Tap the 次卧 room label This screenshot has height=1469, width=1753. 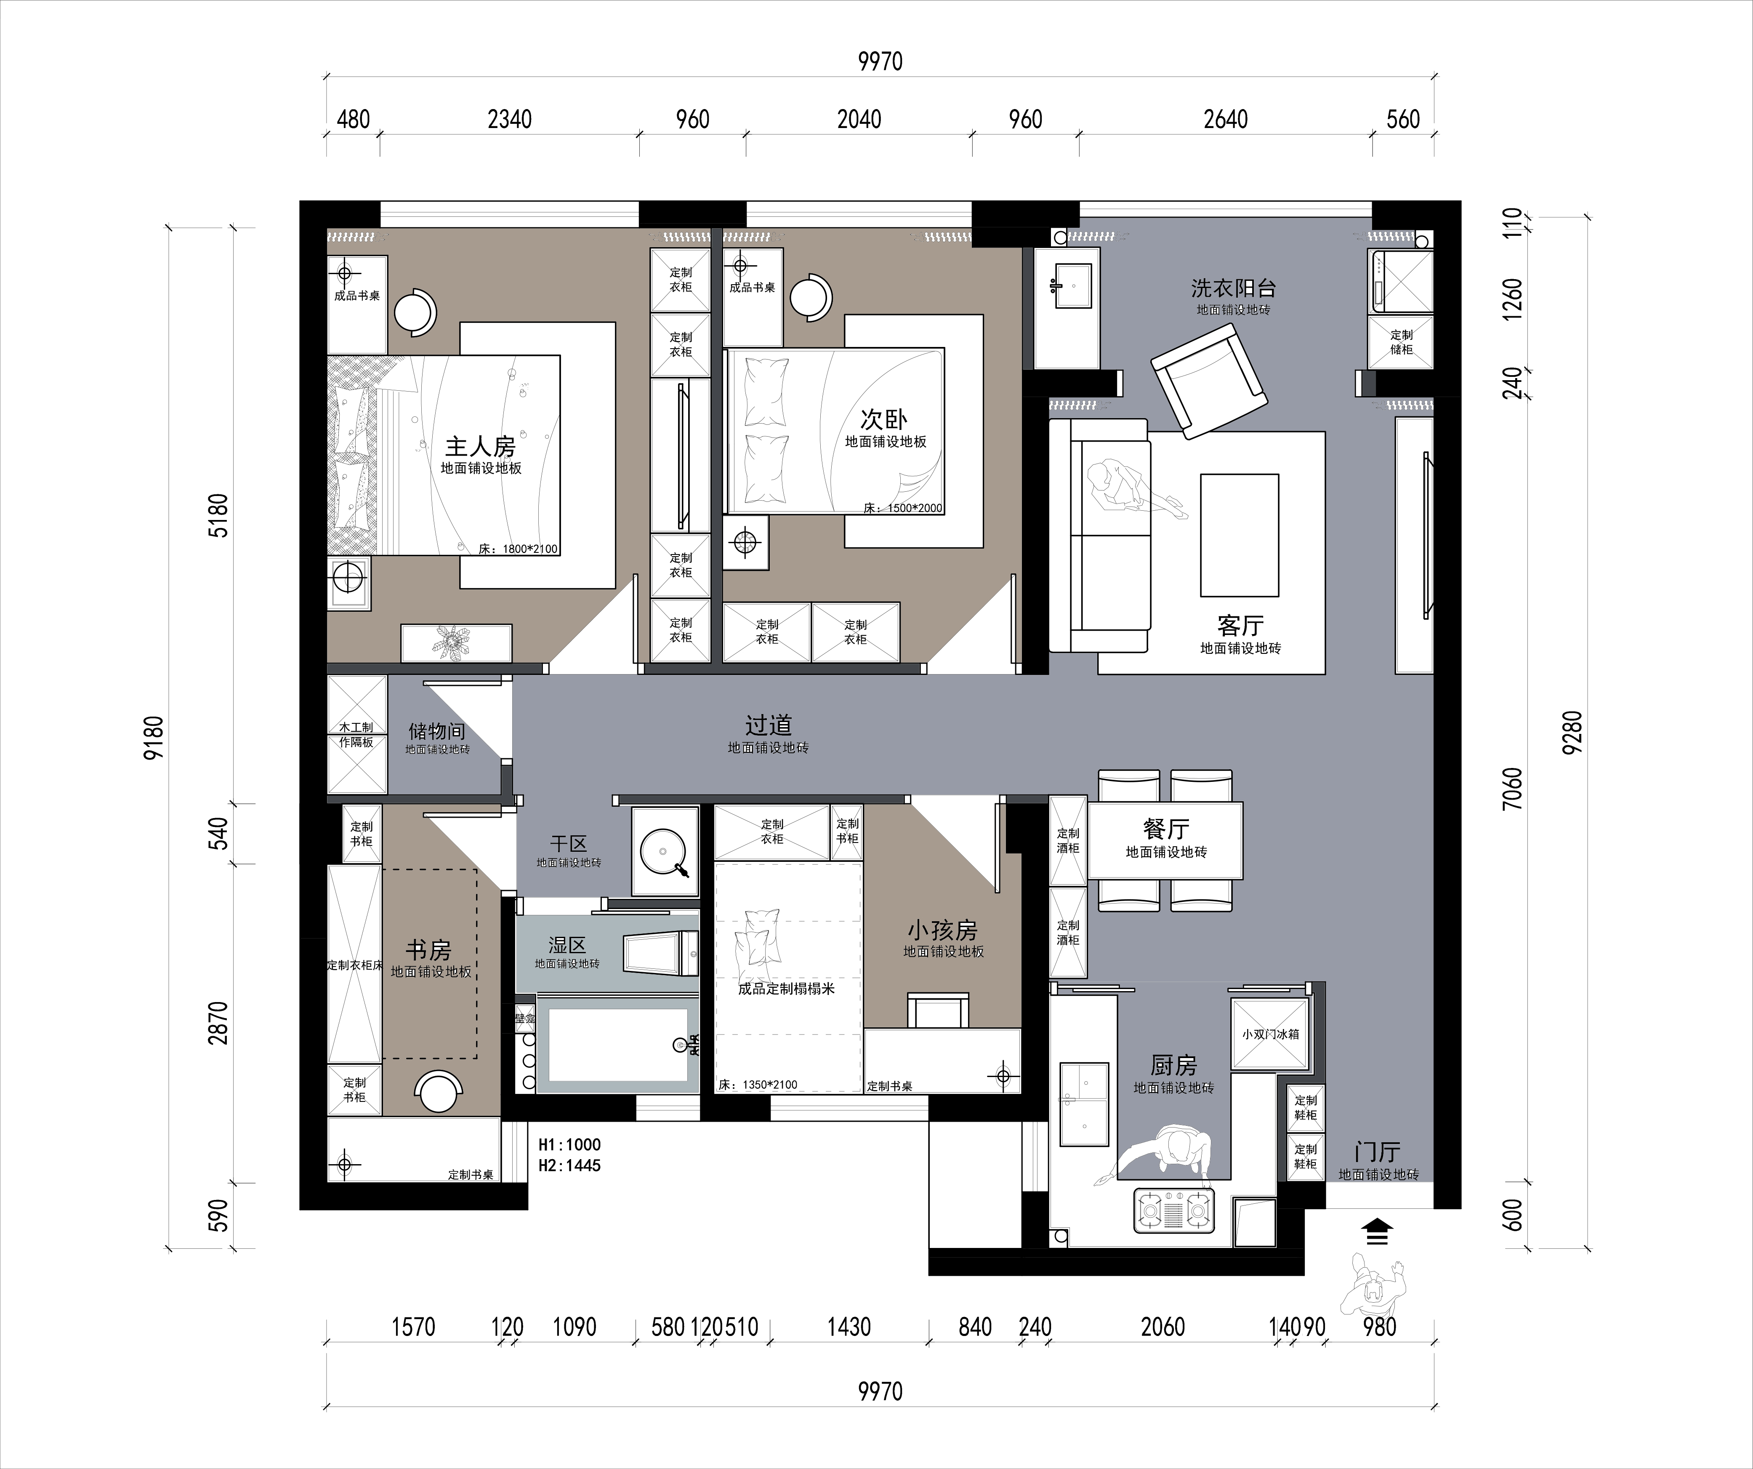tap(884, 419)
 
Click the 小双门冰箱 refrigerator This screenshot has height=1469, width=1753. tap(1270, 1034)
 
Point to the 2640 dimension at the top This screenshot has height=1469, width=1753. tap(1226, 120)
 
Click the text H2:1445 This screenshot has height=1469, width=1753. tap(569, 1165)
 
